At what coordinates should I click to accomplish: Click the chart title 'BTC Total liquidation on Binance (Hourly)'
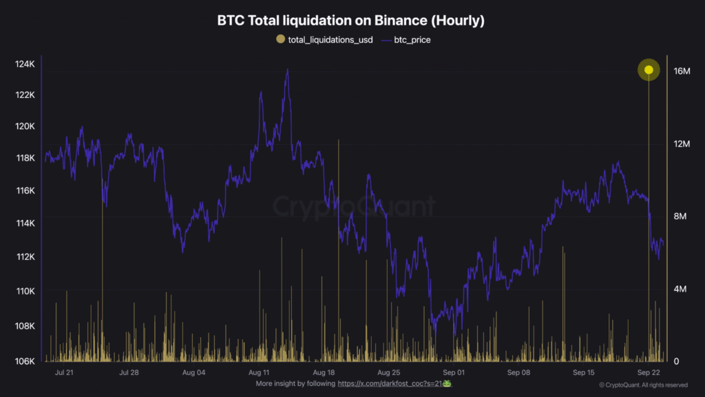tap(351, 21)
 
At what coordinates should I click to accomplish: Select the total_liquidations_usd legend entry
tap(324, 40)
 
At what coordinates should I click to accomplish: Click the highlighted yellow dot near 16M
tap(649, 70)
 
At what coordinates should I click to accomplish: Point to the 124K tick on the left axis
tap(25, 64)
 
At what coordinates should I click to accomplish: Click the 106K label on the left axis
tap(25, 361)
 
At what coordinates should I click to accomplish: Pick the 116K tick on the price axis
tap(25, 190)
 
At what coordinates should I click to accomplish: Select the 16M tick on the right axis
tap(682, 71)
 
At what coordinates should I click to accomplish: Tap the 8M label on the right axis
tap(680, 216)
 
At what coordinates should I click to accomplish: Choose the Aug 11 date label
tap(259, 372)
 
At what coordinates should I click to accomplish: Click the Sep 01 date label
tap(454, 372)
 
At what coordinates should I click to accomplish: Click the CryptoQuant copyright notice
tap(642, 385)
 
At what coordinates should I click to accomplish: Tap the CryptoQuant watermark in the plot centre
tap(355, 206)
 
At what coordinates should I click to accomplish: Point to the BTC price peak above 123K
tap(287, 70)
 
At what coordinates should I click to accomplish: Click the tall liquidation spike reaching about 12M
tap(339, 141)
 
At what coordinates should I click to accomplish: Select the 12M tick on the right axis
tap(682, 143)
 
